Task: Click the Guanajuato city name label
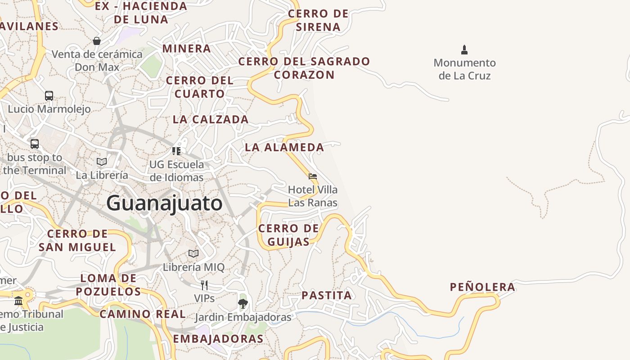tap(164, 203)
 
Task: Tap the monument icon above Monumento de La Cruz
tap(464, 49)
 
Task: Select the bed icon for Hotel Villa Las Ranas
tap(313, 176)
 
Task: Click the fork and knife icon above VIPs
tap(204, 285)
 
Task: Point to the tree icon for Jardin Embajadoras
tap(243, 304)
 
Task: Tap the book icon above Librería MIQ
tap(193, 253)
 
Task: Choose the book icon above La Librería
tap(102, 162)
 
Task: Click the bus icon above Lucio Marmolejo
tap(49, 96)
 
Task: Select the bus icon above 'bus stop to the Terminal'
tap(35, 144)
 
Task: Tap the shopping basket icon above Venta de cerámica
tap(97, 41)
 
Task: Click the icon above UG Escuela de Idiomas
tap(176, 151)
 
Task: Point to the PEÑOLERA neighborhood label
tap(482, 287)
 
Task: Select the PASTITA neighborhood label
tap(327, 296)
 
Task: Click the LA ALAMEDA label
tap(284, 147)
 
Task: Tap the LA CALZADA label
tap(211, 119)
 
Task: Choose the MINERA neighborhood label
tap(186, 49)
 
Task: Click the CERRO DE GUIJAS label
tap(288, 235)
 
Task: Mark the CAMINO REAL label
tap(143, 314)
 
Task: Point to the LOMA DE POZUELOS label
tap(108, 285)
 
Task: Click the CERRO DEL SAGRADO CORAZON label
tap(304, 68)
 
